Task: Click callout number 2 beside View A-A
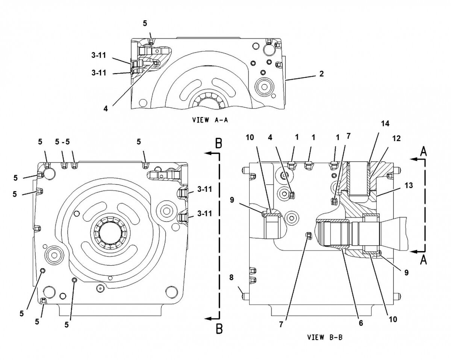[x=322, y=74]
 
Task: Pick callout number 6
[x=361, y=322]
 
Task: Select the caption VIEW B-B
[x=325, y=337]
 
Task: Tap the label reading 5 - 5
[x=62, y=142]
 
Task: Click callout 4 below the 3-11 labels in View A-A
[x=106, y=108]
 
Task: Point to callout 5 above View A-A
[x=145, y=23]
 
